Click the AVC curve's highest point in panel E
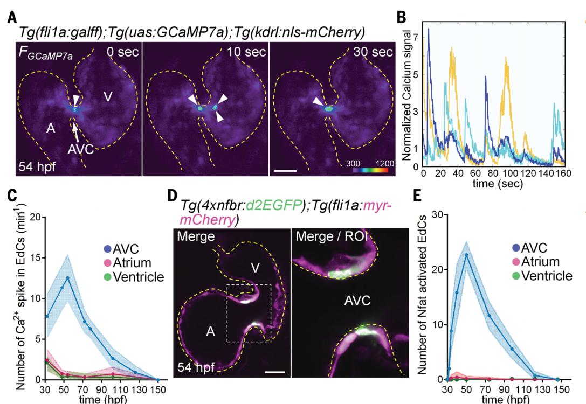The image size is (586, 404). pyautogui.click(x=465, y=255)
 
